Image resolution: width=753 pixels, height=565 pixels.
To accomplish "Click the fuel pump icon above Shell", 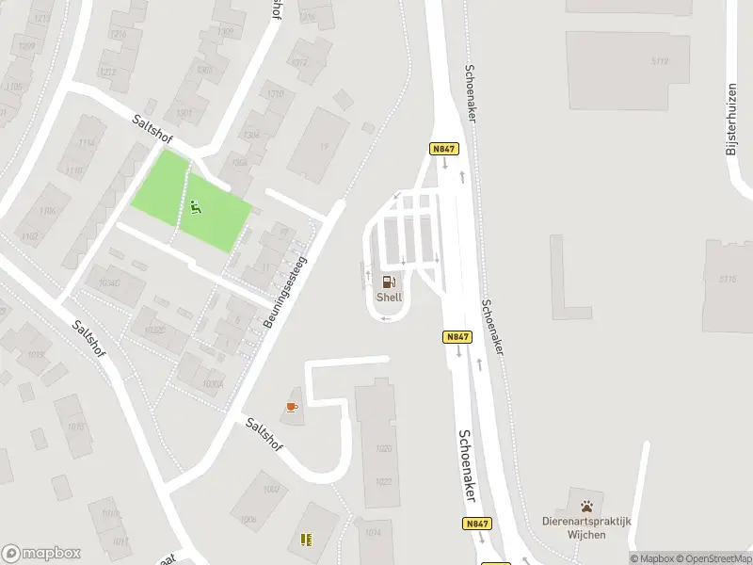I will [x=389, y=282].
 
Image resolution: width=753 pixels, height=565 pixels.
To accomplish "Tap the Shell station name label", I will [x=389, y=297].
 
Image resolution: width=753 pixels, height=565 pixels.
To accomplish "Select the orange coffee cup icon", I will [x=292, y=407].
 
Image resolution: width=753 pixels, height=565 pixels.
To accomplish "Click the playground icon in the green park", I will [x=196, y=207].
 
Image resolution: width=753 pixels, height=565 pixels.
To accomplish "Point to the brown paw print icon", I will [x=587, y=505].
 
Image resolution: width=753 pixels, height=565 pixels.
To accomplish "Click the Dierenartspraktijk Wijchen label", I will [x=587, y=527].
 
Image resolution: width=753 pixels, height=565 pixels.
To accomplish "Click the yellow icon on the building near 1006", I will [x=305, y=540].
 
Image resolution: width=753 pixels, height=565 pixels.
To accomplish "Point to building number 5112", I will [x=658, y=62].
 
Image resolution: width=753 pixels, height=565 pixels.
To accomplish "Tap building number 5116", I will [x=727, y=279].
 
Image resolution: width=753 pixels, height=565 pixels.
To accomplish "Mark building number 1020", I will [x=383, y=448].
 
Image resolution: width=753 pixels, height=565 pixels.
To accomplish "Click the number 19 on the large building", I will [x=324, y=147].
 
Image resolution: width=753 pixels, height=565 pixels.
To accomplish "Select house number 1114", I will [x=87, y=142].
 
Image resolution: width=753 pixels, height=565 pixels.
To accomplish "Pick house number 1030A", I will [x=213, y=383].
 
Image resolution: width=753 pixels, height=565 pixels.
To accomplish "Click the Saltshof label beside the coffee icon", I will [x=264, y=437].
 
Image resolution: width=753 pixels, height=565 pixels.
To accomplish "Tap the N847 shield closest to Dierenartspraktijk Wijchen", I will [x=476, y=523].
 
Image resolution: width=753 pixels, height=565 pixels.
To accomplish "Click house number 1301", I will [x=184, y=114].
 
